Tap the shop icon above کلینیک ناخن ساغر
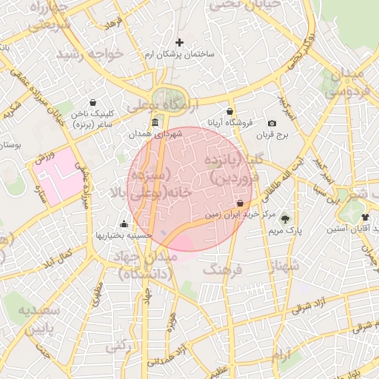point(93,103)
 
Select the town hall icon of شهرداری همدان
point(154,122)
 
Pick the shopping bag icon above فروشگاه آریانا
point(230,110)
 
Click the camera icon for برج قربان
point(272,123)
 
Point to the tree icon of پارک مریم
point(285,219)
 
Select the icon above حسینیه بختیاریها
point(124,223)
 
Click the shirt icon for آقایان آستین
point(365,217)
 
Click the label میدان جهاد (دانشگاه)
point(144,265)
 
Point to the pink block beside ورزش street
point(58,173)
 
